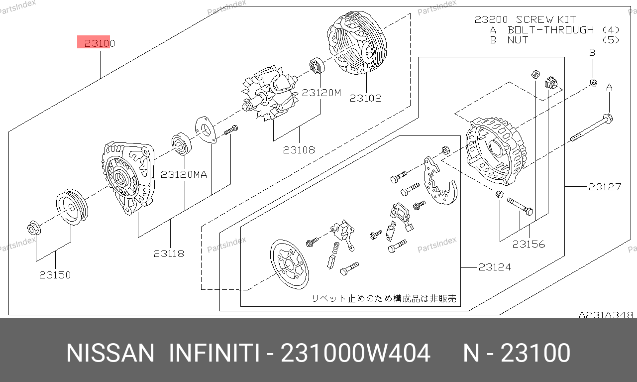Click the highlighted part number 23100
100,43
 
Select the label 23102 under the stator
365,98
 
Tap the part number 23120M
321,93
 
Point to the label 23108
299,150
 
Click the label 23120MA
184,174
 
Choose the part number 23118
169,254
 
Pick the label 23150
55,275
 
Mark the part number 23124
495,267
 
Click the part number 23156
529,244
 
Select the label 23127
605,187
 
